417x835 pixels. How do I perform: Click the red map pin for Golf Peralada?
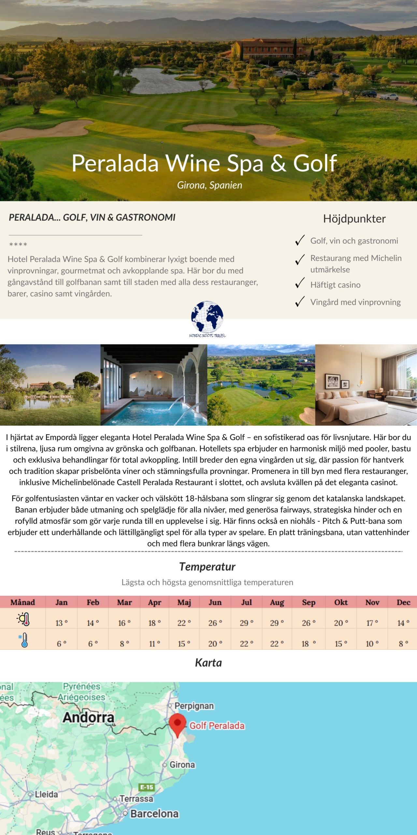click(x=178, y=723)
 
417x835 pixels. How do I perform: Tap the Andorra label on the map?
click(x=88, y=717)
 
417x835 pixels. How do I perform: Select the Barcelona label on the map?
click(x=154, y=813)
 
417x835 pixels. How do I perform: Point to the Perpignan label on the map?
click(x=194, y=706)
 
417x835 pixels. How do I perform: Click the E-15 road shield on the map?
click(x=147, y=787)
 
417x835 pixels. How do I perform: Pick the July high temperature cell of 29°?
click(x=247, y=623)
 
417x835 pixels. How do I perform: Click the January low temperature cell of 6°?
click(x=62, y=644)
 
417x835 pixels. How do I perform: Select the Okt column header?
click(x=341, y=602)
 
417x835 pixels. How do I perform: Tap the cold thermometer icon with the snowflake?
click(x=23, y=640)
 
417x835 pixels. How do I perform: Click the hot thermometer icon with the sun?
click(x=23, y=619)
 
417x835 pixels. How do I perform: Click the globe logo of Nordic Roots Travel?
click(x=207, y=317)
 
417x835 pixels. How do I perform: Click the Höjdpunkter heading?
click(x=354, y=219)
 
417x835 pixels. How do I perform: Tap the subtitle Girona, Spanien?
click(x=209, y=185)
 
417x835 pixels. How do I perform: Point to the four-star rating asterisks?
click(x=18, y=244)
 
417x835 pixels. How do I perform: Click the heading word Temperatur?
click(x=207, y=567)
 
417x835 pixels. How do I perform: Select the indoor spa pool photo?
click(x=154, y=385)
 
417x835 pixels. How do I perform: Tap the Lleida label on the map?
click(x=46, y=794)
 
